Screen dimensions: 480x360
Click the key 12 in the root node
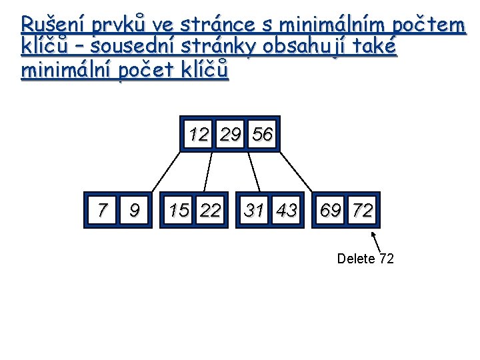coord(198,134)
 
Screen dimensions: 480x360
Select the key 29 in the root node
coord(231,134)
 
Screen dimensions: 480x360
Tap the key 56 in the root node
coord(263,134)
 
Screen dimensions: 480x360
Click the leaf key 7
coord(101,211)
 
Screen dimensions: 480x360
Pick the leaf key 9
coord(134,211)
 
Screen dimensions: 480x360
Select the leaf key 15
coord(179,211)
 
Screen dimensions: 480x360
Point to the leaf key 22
coord(211,211)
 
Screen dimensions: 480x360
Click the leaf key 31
coord(254,211)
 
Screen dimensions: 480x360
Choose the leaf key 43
coord(287,211)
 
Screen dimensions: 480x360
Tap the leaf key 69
coord(331,211)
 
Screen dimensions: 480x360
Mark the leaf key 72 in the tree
coord(363,211)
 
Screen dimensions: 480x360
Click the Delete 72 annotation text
coord(365,259)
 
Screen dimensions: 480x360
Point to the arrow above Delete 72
coord(376,241)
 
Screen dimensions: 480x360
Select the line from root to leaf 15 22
coord(208,171)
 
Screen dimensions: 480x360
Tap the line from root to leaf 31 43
coord(253,171)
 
